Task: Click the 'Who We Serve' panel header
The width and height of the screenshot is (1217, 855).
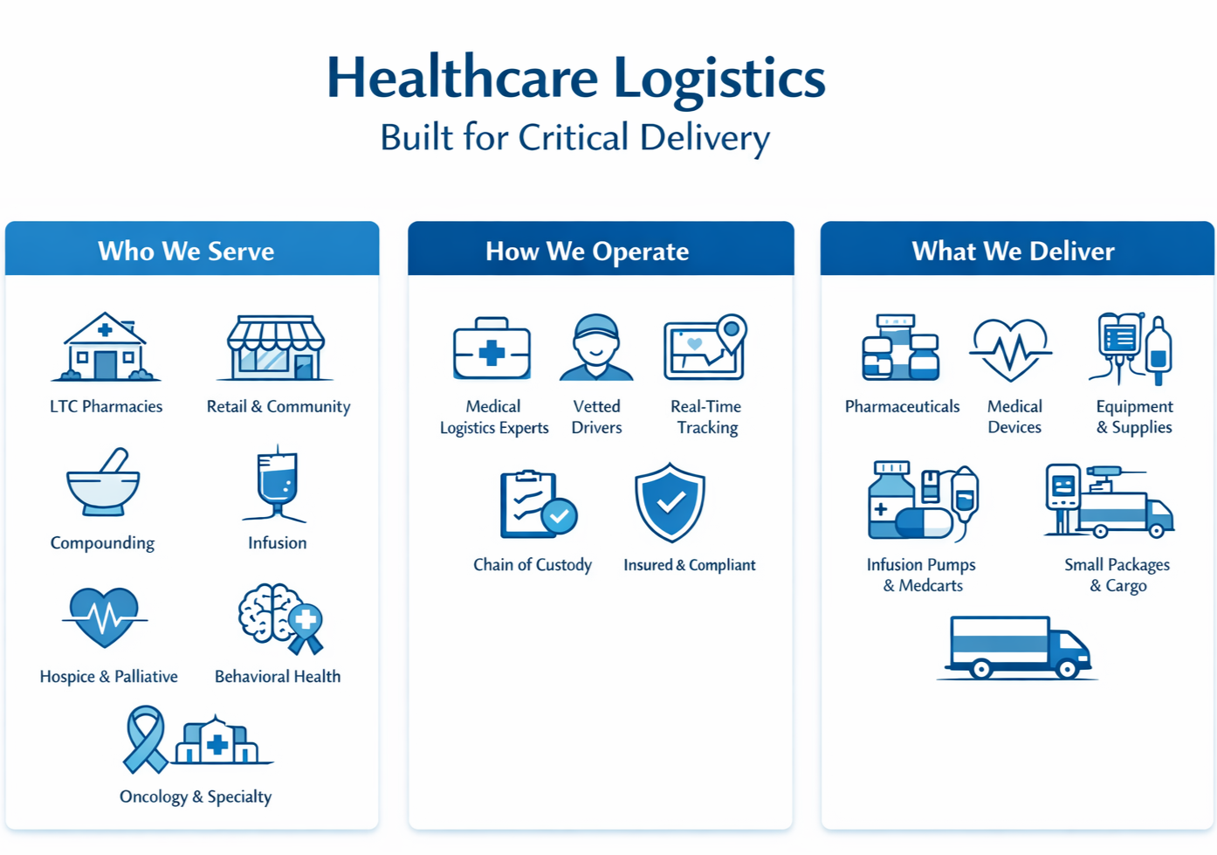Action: pyautogui.click(x=186, y=252)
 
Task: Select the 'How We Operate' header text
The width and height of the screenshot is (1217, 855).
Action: pyautogui.click(x=587, y=252)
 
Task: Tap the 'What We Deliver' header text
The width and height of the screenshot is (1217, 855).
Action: pyautogui.click(x=1013, y=252)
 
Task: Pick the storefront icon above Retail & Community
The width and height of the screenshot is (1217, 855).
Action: pyautogui.click(x=276, y=348)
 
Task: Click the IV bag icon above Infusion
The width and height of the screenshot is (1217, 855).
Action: pyautogui.click(x=278, y=485)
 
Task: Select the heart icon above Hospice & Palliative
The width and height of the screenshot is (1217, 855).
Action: pyautogui.click(x=105, y=617)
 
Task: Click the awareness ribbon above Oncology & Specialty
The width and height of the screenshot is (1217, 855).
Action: pyautogui.click(x=145, y=740)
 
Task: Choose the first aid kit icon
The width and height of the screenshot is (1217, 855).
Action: pyautogui.click(x=492, y=349)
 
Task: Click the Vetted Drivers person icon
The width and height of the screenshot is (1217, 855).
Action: pyautogui.click(x=596, y=348)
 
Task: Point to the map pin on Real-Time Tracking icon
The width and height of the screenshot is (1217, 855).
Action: pyautogui.click(x=732, y=331)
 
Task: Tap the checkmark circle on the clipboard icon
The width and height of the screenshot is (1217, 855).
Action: pyautogui.click(x=559, y=516)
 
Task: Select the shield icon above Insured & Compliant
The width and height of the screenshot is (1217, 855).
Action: pyautogui.click(x=670, y=503)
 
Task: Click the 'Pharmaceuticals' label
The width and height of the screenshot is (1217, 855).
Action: pyautogui.click(x=902, y=407)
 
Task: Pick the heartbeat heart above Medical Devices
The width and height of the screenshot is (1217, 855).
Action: pyautogui.click(x=1010, y=349)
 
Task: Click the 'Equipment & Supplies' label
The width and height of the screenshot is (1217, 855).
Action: pyautogui.click(x=1134, y=417)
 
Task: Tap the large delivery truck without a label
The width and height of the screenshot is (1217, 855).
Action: pyautogui.click(x=1018, y=648)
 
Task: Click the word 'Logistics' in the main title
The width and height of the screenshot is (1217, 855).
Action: pyautogui.click(x=719, y=79)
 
